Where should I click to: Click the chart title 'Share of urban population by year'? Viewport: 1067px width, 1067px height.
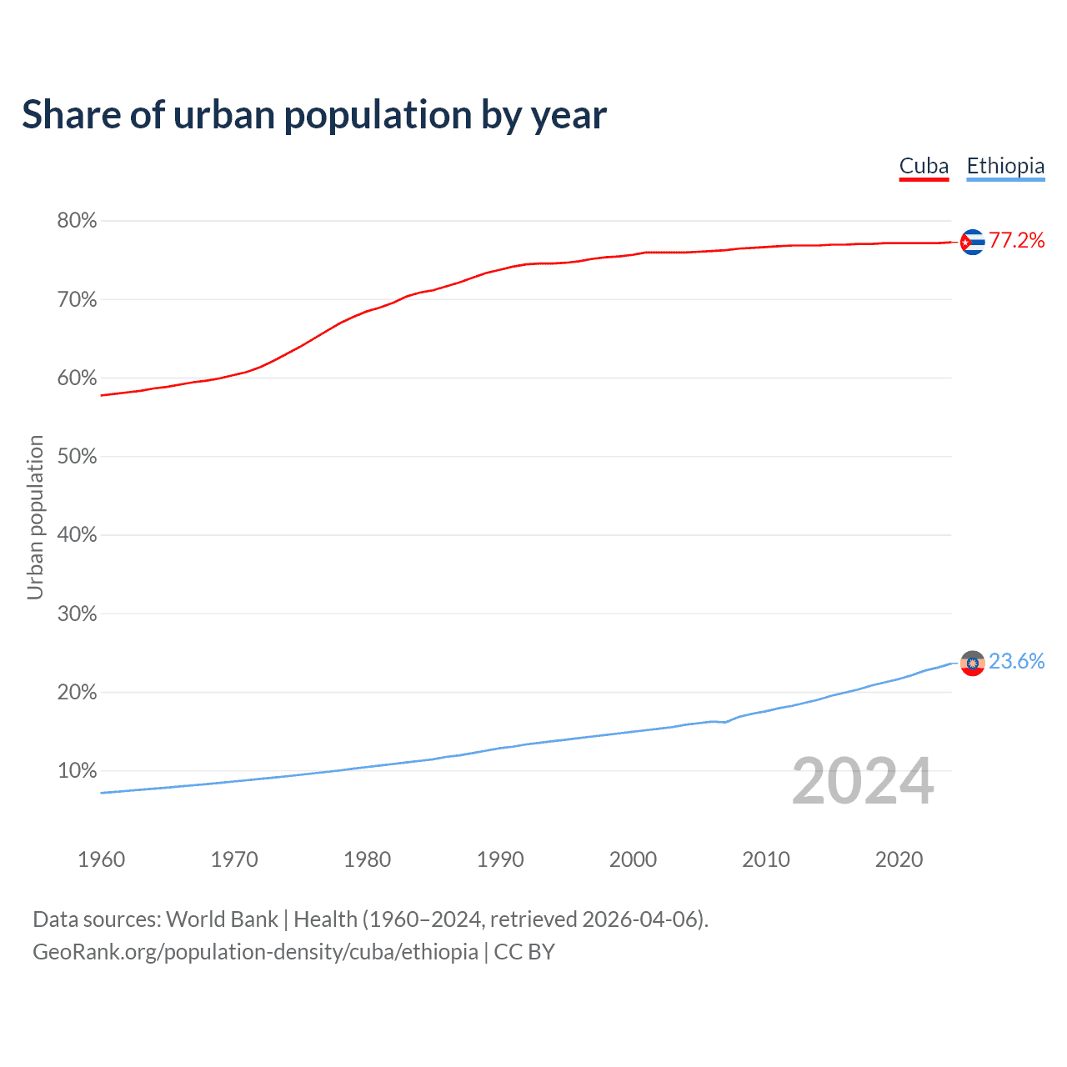click(x=314, y=115)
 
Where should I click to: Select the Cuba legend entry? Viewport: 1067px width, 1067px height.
click(x=924, y=167)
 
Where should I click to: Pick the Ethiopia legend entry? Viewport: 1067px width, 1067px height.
click(x=1005, y=167)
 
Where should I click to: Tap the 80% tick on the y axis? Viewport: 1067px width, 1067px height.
click(x=77, y=221)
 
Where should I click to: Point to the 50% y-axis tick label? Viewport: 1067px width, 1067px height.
click(x=77, y=457)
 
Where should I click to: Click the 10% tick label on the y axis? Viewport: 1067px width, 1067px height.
click(x=77, y=771)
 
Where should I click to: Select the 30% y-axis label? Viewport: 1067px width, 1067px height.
click(x=77, y=614)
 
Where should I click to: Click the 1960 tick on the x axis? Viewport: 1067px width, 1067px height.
click(x=101, y=859)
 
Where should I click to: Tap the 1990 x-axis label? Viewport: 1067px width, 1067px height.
click(x=500, y=859)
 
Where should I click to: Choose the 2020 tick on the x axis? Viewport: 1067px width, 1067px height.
click(x=899, y=859)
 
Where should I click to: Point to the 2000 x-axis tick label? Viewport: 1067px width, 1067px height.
click(x=633, y=859)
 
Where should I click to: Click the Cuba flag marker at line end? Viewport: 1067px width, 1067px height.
click(x=972, y=242)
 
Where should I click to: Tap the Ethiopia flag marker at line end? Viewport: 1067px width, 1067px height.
click(x=972, y=663)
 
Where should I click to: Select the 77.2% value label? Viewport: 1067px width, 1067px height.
click(x=1016, y=241)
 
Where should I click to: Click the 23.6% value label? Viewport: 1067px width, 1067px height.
click(x=1016, y=662)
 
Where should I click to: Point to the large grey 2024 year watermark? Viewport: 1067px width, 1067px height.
click(x=863, y=781)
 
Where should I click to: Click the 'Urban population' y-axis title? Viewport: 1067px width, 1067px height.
click(x=35, y=517)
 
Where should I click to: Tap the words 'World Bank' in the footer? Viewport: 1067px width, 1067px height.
click(x=222, y=919)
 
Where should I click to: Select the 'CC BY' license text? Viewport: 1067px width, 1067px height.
click(x=524, y=952)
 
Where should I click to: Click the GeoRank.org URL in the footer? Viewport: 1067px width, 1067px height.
click(x=255, y=952)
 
